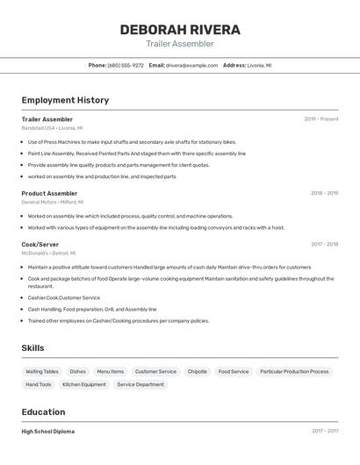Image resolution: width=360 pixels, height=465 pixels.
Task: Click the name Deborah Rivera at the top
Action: coord(180,30)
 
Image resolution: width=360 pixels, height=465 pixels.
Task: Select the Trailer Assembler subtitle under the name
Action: coord(180,44)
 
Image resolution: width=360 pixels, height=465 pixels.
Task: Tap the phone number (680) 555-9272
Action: coord(126,65)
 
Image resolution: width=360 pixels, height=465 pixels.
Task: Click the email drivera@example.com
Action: coord(191,65)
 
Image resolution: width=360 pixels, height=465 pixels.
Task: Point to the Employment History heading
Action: coord(65,100)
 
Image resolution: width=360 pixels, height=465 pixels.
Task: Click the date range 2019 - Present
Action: coord(321,119)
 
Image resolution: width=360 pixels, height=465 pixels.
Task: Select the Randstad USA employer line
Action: coord(52,128)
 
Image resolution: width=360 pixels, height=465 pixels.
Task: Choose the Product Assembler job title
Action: coord(49,193)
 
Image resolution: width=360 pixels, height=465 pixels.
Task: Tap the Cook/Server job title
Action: coord(40,245)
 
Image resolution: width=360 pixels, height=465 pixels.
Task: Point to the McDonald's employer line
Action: coord(48,253)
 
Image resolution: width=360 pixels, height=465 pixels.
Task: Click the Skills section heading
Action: coord(32,348)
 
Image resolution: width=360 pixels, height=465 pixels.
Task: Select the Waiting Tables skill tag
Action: coord(42,371)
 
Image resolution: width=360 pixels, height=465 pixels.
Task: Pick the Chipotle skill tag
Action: coord(198,371)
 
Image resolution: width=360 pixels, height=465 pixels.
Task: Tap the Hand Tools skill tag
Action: coord(39,384)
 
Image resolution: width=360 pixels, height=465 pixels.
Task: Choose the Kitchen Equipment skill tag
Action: coord(84,384)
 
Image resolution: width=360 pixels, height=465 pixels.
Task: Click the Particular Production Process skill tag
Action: coord(294,371)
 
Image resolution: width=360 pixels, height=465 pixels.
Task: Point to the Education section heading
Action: coord(43,412)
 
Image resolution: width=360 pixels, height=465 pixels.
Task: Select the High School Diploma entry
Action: coord(48,432)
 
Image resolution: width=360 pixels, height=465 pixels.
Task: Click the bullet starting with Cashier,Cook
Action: coord(64,297)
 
